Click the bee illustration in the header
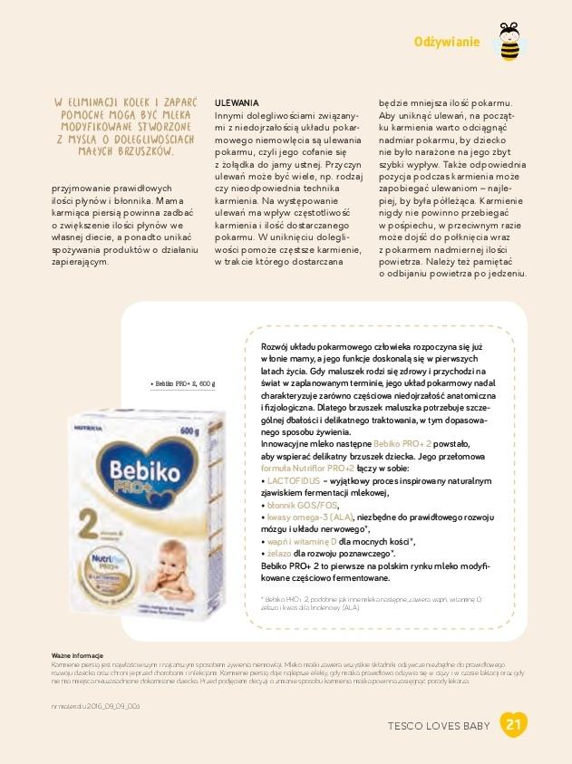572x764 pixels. (x=509, y=43)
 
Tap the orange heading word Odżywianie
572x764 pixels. (x=446, y=42)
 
